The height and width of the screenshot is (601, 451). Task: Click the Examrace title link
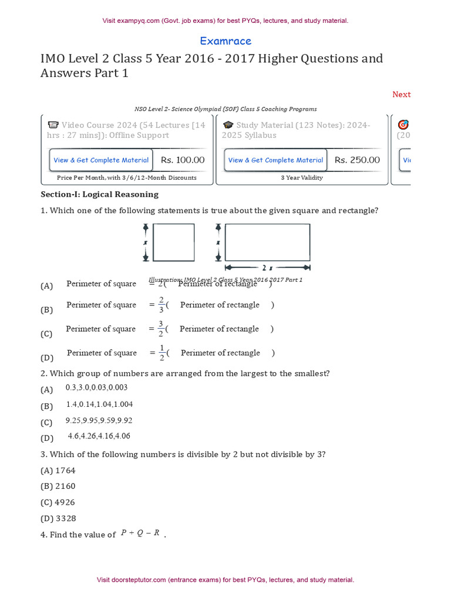click(x=225, y=41)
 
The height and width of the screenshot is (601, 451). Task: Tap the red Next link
click(x=401, y=94)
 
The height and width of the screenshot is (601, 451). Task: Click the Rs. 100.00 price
click(x=183, y=160)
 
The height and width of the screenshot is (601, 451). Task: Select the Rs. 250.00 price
click(x=357, y=160)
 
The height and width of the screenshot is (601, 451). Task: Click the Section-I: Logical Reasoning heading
click(x=99, y=194)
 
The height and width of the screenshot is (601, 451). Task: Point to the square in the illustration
click(x=173, y=242)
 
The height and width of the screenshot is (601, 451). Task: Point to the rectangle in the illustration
click(x=267, y=242)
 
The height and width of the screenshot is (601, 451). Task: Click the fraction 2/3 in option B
click(x=161, y=305)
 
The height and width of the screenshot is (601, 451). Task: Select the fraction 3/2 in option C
click(x=161, y=329)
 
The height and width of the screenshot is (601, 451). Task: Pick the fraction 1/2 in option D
click(x=161, y=353)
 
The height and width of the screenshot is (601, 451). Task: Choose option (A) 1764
click(x=58, y=471)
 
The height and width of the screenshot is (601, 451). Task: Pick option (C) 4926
click(x=58, y=502)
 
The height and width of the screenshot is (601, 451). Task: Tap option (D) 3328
click(x=58, y=519)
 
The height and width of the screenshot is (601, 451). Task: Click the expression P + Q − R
click(x=140, y=534)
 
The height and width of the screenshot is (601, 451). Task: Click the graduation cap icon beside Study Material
click(x=228, y=125)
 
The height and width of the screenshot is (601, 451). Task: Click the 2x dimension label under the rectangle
click(x=267, y=268)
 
